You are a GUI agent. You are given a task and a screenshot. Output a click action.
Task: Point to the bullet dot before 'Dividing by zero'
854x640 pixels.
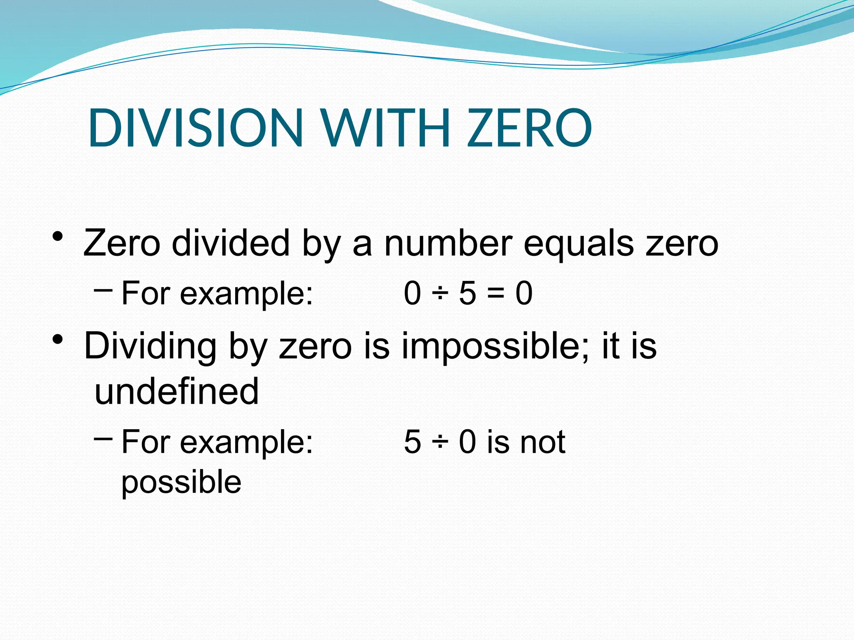(58, 340)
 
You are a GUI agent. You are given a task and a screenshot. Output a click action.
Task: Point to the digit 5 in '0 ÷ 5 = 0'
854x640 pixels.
(467, 293)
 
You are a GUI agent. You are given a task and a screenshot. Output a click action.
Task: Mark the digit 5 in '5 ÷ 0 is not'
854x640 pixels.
(412, 442)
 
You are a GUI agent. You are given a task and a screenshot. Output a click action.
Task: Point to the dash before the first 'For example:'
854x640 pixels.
(103, 289)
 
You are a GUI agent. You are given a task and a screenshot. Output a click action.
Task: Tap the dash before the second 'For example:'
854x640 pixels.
(103, 438)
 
